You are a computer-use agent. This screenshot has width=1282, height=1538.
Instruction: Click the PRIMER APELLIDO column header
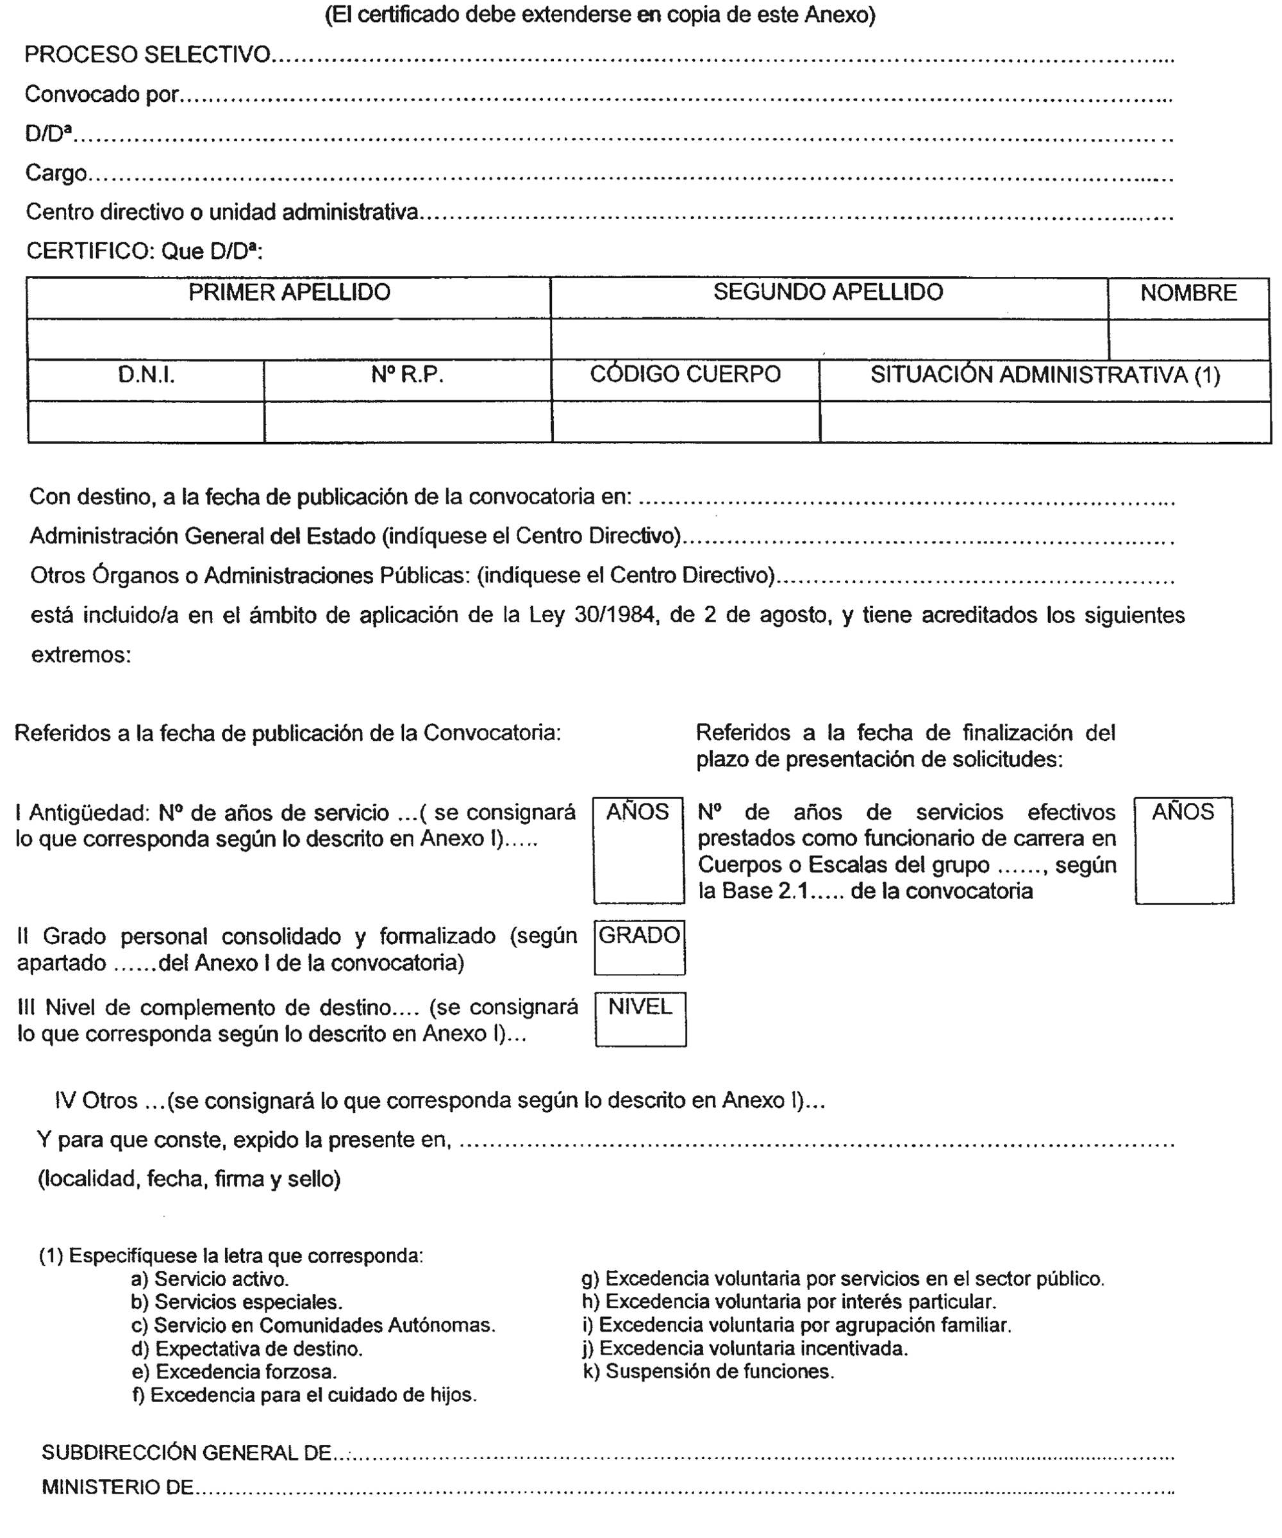288,293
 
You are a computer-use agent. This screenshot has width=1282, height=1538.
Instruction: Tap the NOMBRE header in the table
1188,294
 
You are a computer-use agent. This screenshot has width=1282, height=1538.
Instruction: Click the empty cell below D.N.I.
146,422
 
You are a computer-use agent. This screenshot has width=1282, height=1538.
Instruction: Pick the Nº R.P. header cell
407,376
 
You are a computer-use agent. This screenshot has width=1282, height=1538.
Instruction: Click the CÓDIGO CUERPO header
685,375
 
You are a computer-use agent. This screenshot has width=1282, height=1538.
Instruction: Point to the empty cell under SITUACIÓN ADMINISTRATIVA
1045,422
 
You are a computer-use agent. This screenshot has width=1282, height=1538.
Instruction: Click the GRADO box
640,947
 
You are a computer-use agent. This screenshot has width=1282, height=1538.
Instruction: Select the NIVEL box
640,1019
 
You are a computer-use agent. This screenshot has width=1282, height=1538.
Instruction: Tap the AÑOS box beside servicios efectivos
1184,850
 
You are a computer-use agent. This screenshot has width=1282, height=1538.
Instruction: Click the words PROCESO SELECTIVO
147,55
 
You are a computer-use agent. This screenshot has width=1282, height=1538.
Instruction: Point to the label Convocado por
102,94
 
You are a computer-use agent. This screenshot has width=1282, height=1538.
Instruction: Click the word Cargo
56,173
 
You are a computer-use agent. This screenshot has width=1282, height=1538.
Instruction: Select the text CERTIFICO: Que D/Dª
144,251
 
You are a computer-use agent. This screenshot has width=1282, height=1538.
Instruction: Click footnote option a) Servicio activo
210,1280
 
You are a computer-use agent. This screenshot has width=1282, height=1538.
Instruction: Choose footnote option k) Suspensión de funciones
708,1372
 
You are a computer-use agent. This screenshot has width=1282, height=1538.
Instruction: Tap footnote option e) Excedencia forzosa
234,1372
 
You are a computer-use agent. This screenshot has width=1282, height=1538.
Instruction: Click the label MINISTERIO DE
117,1487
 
